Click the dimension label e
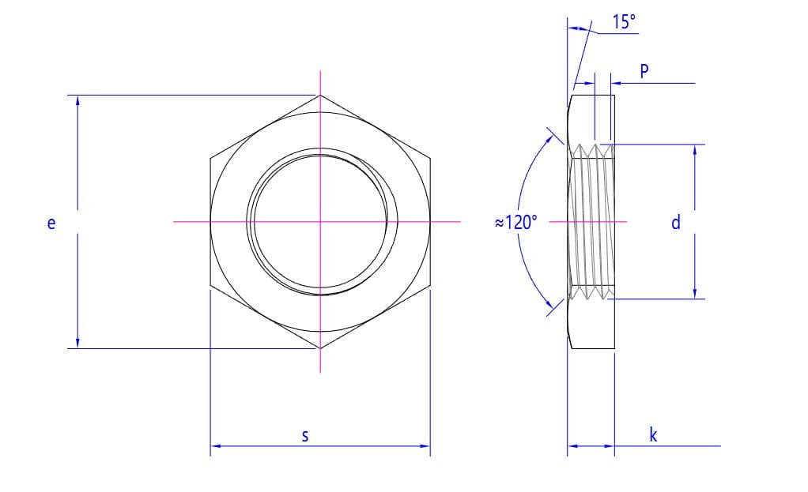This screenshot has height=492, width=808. [x=51, y=223]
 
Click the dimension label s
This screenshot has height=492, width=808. [x=306, y=435]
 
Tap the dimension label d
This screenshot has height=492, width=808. [x=675, y=223]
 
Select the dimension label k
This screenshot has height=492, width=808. [x=653, y=434]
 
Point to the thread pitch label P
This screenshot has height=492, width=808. [x=644, y=71]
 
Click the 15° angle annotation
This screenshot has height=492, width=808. [x=623, y=22]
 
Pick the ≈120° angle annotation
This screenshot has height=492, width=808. [x=515, y=223]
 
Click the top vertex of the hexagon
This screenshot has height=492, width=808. [x=320, y=95]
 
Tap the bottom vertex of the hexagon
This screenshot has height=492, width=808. [x=320, y=348]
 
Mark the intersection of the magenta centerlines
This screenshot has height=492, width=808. [x=320, y=222]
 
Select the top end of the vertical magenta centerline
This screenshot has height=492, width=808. [x=320, y=72]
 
